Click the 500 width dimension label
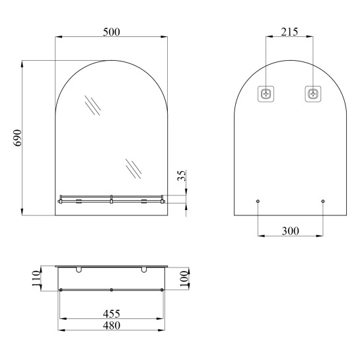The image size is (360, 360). point(112,32)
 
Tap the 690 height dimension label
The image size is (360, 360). point(17,138)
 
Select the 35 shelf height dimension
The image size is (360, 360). point(182,176)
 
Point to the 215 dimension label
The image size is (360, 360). point(289,32)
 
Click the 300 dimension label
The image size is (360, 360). point(291,231)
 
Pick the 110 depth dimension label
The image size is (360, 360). point(36,278)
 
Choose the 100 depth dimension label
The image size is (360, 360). point(184,279)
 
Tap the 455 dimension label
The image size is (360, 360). point(112,314)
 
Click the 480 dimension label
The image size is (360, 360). point(112,326)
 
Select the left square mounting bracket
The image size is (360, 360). point(266,94)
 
